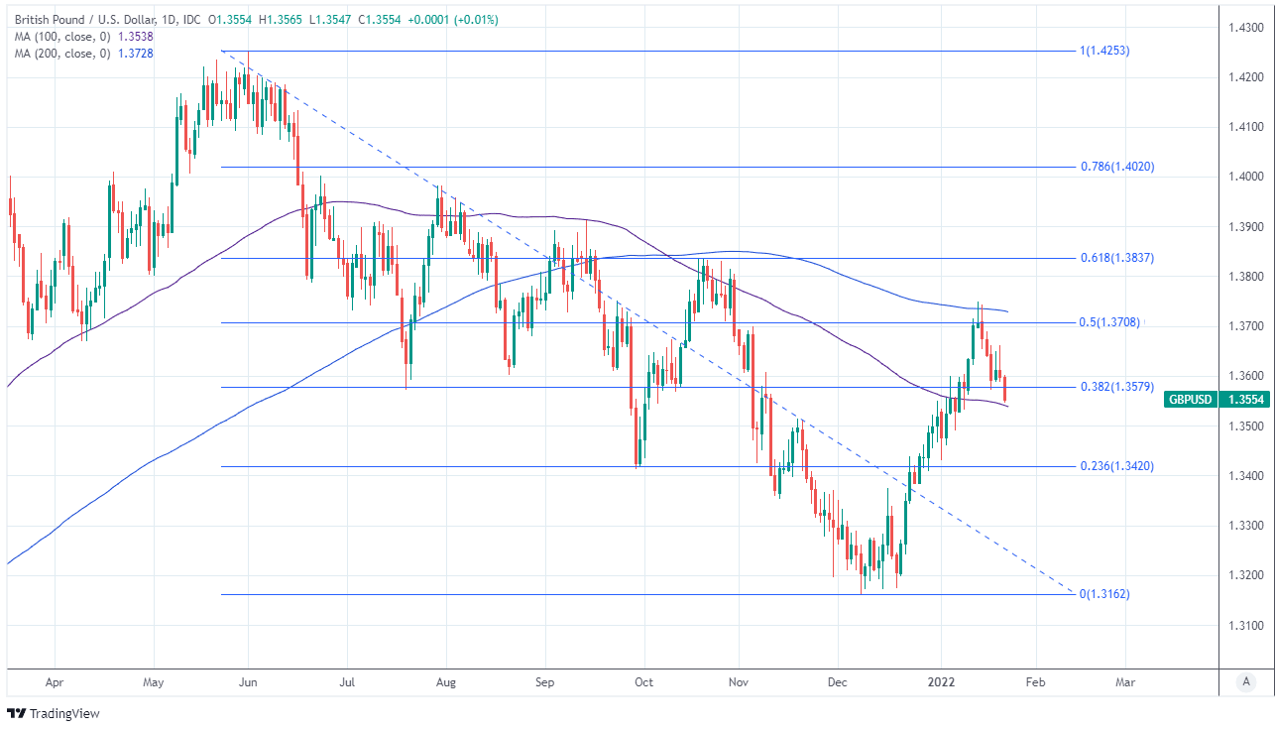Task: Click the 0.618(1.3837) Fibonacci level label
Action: point(1116,258)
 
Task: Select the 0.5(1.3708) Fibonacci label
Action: point(1110,322)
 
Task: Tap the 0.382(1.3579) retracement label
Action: point(1116,387)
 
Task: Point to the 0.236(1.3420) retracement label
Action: point(1116,466)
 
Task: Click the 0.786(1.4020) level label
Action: point(1116,168)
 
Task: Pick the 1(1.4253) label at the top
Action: point(1104,51)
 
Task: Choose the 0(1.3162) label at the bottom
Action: point(1104,594)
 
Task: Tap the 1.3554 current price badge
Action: point(1244,400)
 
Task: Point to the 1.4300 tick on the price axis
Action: point(1244,27)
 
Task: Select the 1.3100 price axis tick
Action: point(1244,626)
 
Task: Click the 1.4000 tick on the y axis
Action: point(1244,177)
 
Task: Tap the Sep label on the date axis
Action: point(544,682)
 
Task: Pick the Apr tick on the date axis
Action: point(55,682)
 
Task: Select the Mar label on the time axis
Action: point(1126,682)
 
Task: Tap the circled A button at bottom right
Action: point(1245,682)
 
